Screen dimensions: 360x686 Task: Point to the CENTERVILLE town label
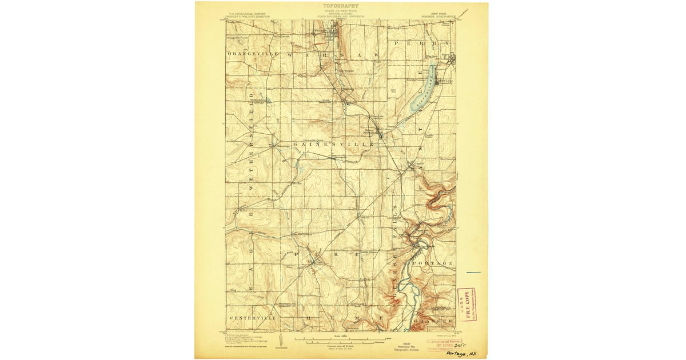click(x=253, y=318)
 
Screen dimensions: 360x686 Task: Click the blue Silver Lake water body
click(x=422, y=90)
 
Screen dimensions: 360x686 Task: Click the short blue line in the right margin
click(x=473, y=273)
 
